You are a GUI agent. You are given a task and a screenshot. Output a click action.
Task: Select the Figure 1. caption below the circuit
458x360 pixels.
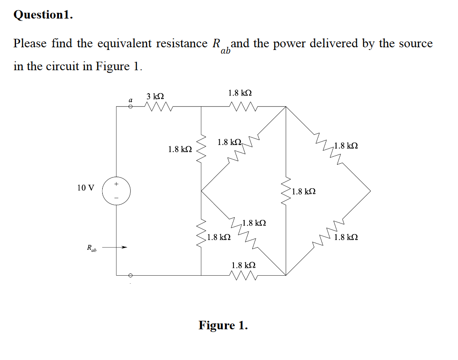click(x=223, y=325)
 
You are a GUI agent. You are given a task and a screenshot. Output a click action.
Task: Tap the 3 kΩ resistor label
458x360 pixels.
click(x=155, y=96)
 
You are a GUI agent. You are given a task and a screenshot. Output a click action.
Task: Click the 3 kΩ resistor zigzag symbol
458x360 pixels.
click(x=157, y=107)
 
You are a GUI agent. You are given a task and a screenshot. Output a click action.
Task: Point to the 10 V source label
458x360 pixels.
click(x=85, y=188)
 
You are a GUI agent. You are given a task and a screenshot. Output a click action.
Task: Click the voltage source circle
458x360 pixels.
click(x=117, y=191)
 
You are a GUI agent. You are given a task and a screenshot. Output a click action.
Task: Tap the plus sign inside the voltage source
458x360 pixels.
click(x=117, y=183)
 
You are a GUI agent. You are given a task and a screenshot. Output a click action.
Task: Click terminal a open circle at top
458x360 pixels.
click(x=130, y=107)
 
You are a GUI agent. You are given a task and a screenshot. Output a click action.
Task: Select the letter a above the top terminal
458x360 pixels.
click(x=130, y=100)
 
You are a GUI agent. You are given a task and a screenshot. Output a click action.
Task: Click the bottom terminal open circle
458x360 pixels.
click(x=130, y=275)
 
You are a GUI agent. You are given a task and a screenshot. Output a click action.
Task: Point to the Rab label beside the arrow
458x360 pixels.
click(x=91, y=248)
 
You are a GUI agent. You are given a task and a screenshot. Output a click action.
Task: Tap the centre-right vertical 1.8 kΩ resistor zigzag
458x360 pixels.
click(x=286, y=191)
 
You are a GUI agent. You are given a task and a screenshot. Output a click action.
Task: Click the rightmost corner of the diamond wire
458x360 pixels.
click(x=370, y=191)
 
